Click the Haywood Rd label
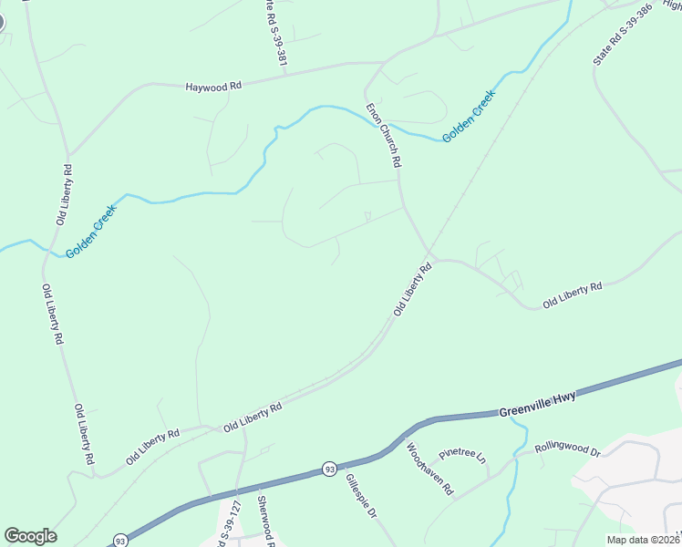pyautogui.click(x=213, y=86)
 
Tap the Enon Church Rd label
pyautogui.click(x=384, y=134)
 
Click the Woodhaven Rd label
pyautogui.click(x=429, y=469)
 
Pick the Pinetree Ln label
pyautogui.click(x=463, y=453)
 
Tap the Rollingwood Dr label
pyautogui.click(x=568, y=448)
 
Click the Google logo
pyautogui.click(x=30, y=536)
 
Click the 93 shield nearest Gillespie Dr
pyautogui.click(x=327, y=470)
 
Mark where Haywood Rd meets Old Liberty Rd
pyautogui.click(x=68, y=154)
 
